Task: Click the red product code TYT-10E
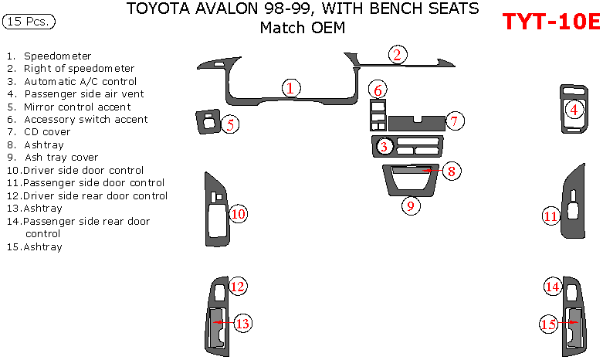[x=551, y=21]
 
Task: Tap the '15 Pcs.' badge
[x=29, y=21]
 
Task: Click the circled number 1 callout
[x=291, y=88]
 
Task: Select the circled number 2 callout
[x=398, y=55]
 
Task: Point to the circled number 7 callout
[x=455, y=121]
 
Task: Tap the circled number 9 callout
[x=411, y=205]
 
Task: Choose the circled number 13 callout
[x=242, y=323]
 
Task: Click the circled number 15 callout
[x=549, y=324]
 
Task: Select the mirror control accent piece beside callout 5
[x=208, y=121]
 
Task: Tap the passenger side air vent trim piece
[x=574, y=109]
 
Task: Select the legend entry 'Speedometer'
[x=49, y=56]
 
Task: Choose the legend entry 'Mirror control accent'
[x=69, y=107]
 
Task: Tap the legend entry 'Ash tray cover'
[x=53, y=158]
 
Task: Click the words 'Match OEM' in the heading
[x=303, y=28]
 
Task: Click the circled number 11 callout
[x=550, y=216]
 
